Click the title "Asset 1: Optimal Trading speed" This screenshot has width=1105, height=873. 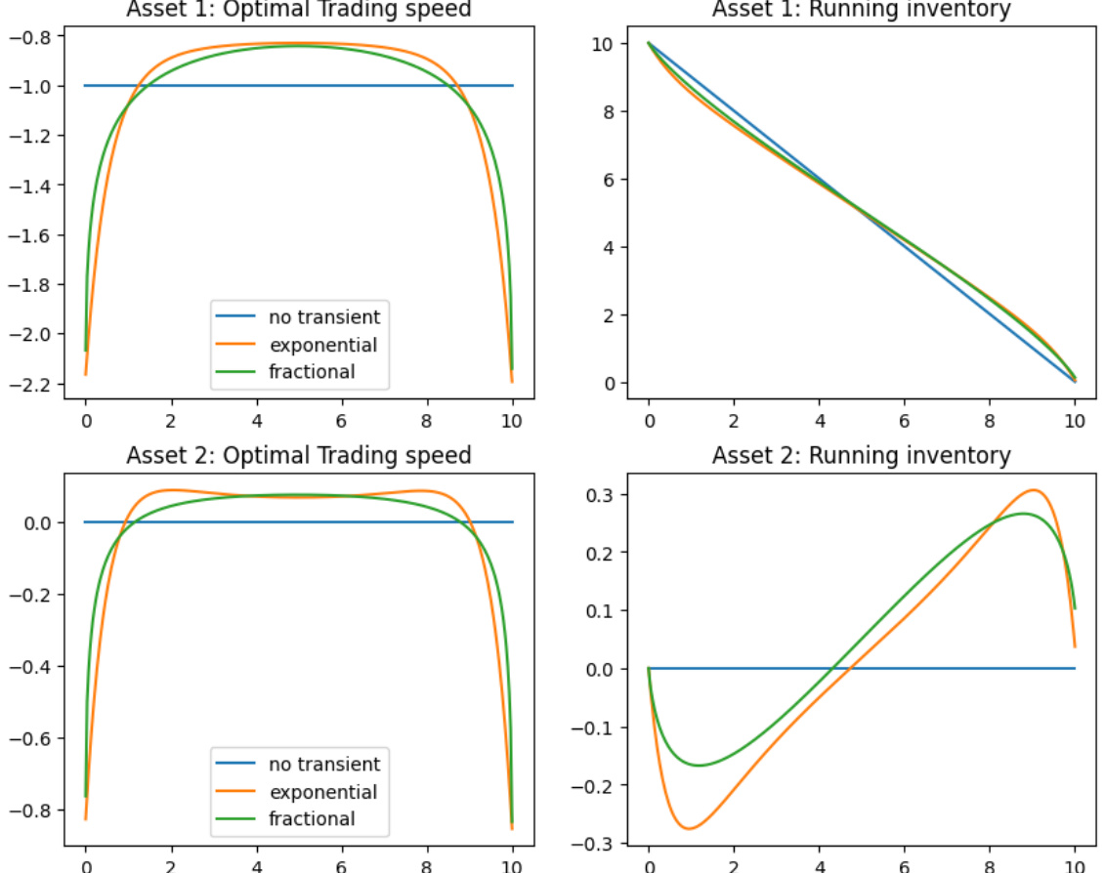point(299,9)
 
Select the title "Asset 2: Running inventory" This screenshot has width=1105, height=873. point(861,455)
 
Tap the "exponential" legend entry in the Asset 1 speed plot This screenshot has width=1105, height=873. point(323,344)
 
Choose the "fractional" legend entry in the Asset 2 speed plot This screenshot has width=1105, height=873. point(313,818)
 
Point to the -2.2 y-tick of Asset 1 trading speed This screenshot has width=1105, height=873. point(36,384)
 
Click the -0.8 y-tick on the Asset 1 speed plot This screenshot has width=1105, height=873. point(36,36)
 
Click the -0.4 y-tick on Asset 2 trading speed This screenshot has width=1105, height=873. point(36,667)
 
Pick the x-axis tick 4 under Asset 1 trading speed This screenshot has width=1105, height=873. point(257,422)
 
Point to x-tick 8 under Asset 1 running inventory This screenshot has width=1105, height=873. point(990,422)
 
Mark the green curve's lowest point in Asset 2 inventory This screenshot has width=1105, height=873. point(700,765)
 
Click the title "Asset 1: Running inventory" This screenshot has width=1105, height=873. point(861,9)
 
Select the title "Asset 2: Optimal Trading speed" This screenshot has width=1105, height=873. point(299,455)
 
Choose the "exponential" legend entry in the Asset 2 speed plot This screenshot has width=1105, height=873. point(323,791)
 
